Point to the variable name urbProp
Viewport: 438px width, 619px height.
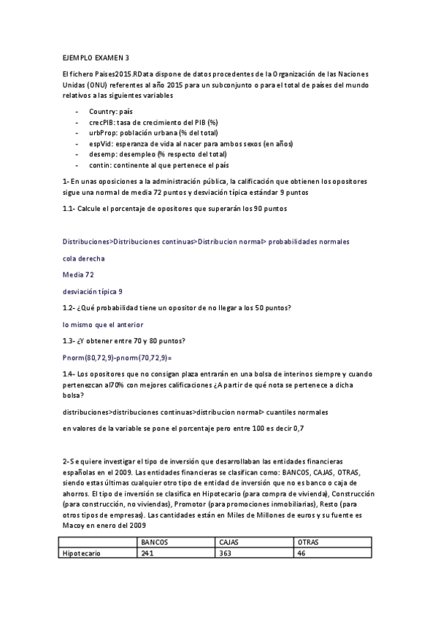(x=103, y=133)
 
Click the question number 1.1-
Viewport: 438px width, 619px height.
(x=72, y=209)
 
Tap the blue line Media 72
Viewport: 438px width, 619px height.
(x=78, y=274)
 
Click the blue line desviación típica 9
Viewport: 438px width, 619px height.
(x=93, y=291)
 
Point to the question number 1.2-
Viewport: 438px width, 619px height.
(x=72, y=307)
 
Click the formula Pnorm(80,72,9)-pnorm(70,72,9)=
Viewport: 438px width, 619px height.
(x=117, y=357)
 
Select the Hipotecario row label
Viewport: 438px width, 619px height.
(x=82, y=553)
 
